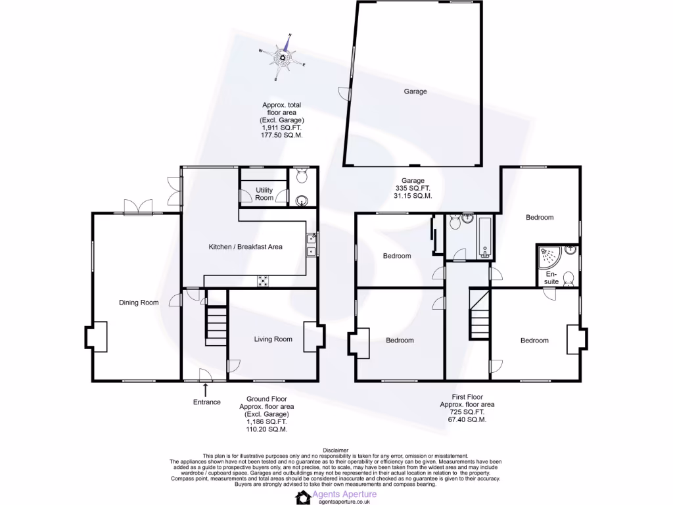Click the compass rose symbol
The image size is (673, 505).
[283, 57]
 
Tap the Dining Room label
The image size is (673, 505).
[139, 302]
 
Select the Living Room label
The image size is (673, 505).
[273, 339]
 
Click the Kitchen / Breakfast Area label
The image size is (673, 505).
[245, 247]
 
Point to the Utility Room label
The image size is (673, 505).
[264, 194]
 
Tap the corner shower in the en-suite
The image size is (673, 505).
[547, 256]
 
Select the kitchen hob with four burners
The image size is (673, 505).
[263, 281]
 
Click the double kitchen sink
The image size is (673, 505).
[310, 245]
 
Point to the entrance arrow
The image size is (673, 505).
[206, 391]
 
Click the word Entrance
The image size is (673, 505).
[206, 402]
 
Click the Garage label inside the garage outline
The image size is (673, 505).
[415, 91]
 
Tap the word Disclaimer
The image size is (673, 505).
[336, 450]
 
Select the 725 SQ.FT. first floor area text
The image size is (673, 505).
[467, 412]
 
